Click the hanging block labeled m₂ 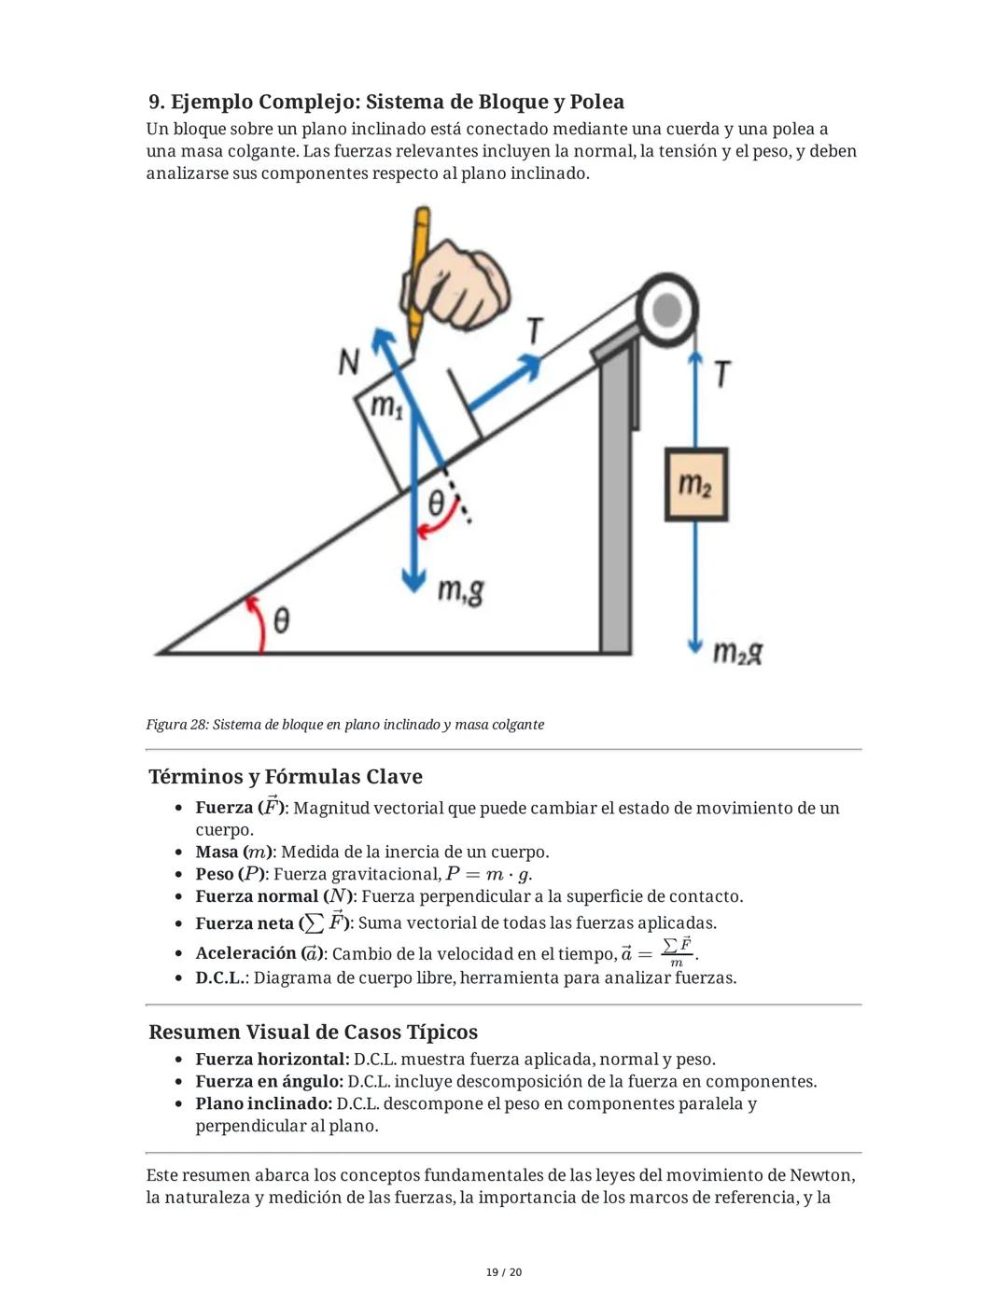(695, 484)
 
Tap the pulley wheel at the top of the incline (666, 310)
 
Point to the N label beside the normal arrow (349, 362)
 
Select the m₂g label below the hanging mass (737, 652)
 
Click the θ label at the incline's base (280, 619)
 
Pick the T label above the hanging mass (721, 374)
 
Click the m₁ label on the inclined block (386, 407)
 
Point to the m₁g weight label (461, 590)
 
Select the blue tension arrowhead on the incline (530, 366)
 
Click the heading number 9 (156, 102)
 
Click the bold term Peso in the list (214, 874)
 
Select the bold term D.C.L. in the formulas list (220, 977)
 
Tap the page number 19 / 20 (504, 1272)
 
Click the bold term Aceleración (245, 953)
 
